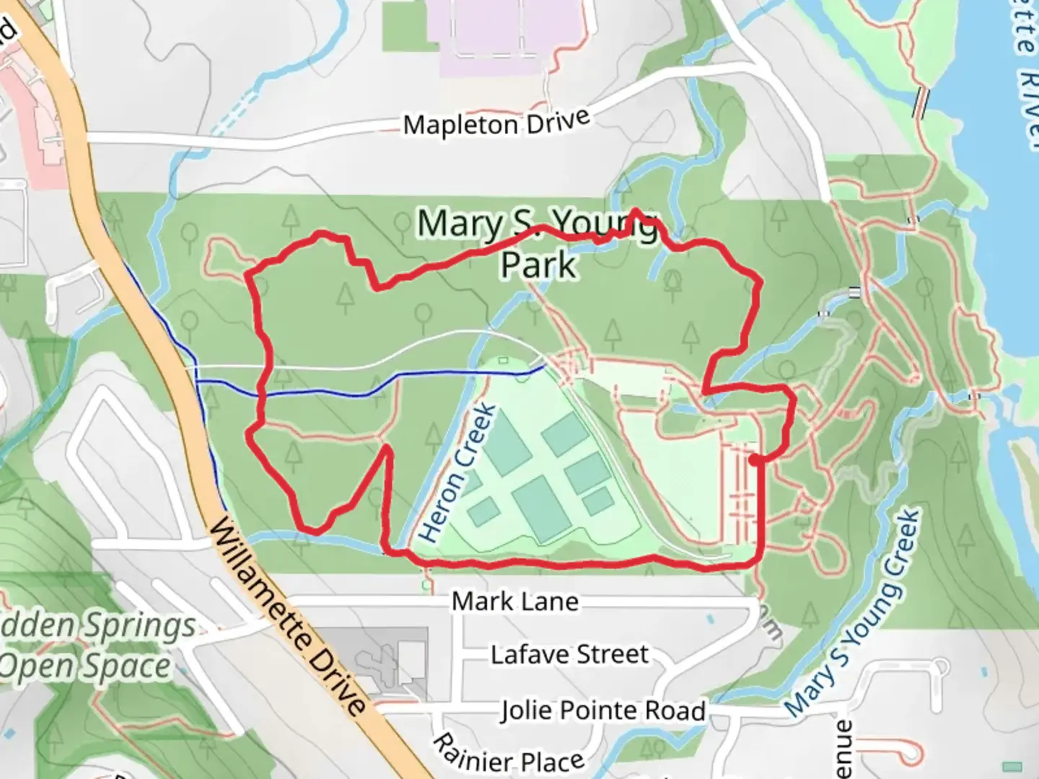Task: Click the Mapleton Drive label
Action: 496,123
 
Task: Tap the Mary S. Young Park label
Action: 538,243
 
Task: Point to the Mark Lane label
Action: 515,601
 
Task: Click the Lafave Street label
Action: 570,654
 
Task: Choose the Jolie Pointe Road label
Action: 603,710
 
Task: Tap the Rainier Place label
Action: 508,753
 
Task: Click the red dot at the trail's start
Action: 753,459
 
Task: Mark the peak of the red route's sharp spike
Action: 387,448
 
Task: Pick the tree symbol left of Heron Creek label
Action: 433,437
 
